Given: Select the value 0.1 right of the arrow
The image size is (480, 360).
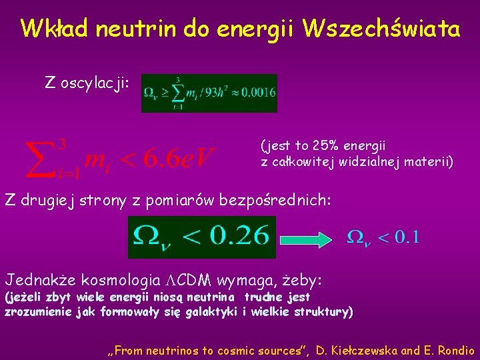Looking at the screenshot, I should (407, 237).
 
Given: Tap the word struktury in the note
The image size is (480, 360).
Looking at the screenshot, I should (326, 311).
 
